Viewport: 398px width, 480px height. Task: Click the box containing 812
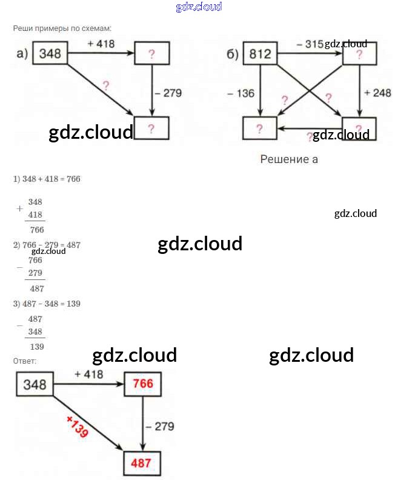click(x=260, y=55)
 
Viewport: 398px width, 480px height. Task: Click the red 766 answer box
click(x=144, y=384)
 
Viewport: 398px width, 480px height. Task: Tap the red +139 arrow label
click(x=77, y=427)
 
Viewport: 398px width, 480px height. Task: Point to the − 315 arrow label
click(x=310, y=44)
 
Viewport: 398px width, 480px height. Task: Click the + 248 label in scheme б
click(x=377, y=93)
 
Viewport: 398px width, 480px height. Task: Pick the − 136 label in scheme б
click(x=241, y=93)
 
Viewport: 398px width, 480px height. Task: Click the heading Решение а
click(x=289, y=159)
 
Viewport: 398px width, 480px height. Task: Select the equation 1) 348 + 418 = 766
click(x=47, y=179)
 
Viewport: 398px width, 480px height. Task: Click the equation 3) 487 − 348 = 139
click(x=47, y=303)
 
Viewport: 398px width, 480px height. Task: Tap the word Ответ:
click(x=25, y=361)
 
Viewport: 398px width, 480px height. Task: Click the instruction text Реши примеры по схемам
click(x=62, y=28)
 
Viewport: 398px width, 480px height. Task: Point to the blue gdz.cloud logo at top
click(x=199, y=7)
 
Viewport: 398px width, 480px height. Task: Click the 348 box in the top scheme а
click(x=50, y=53)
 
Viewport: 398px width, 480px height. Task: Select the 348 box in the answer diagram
click(x=35, y=384)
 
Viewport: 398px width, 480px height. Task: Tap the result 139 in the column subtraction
click(x=37, y=347)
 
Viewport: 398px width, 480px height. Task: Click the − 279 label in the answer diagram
click(x=160, y=427)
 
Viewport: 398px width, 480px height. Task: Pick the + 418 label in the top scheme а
click(x=101, y=44)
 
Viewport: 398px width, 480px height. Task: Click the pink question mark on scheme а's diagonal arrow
click(x=106, y=85)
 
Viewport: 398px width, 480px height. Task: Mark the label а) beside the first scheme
click(x=22, y=54)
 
